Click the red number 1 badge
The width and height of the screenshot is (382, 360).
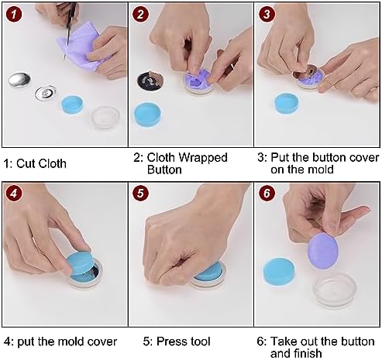click(x=14, y=14)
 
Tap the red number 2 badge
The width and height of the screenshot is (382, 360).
click(x=140, y=14)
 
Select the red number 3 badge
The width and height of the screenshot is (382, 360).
click(x=267, y=14)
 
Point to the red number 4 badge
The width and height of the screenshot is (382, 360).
click(x=14, y=193)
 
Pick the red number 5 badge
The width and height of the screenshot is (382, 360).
click(x=140, y=193)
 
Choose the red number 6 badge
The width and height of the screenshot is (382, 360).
click(x=267, y=193)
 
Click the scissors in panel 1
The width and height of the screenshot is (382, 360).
click(x=69, y=29)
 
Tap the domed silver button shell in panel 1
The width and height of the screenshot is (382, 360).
click(x=19, y=80)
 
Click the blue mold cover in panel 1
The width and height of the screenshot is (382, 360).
click(x=73, y=105)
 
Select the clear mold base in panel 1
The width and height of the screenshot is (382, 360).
click(x=105, y=118)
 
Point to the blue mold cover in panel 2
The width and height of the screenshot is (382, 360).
click(x=147, y=115)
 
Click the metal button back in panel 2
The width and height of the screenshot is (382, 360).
click(x=150, y=81)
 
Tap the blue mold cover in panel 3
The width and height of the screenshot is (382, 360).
click(x=287, y=104)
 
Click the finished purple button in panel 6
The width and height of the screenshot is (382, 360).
click(x=323, y=250)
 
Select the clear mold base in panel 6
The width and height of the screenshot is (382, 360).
click(x=335, y=290)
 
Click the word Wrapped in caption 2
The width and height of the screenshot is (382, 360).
click(x=203, y=159)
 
